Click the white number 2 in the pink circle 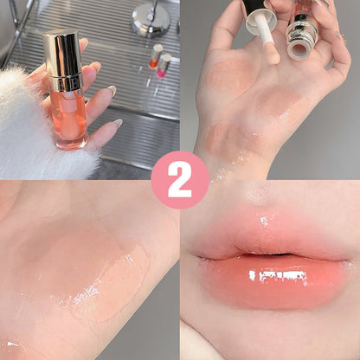coord(180,179)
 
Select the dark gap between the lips coord(268,255)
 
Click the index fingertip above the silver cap coord(83,43)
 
